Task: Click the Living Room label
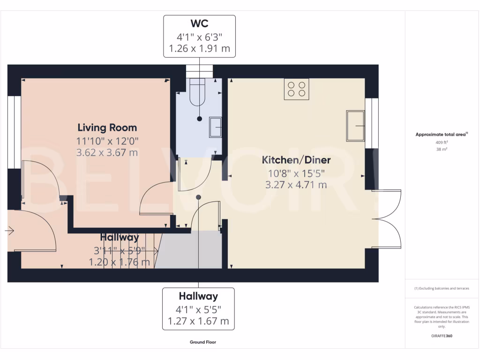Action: click(x=107, y=127)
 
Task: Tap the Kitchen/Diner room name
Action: click(x=296, y=160)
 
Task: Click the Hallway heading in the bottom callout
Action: click(x=198, y=296)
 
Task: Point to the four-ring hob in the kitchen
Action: click(x=296, y=89)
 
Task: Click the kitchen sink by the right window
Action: click(x=356, y=126)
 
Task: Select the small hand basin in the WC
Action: click(x=216, y=127)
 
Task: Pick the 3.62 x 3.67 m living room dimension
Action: click(x=107, y=153)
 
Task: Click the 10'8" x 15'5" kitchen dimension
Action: click(x=296, y=173)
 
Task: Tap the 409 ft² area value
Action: click(x=442, y=142)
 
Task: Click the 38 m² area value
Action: click(x=442, y=150)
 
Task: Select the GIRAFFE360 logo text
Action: click(x=442, y=336)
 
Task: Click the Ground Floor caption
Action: click(x=202, y=342)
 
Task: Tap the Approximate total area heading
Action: click(x=441, y=135)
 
